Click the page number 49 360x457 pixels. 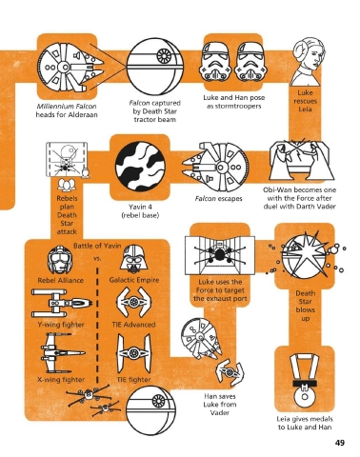click(340, 443)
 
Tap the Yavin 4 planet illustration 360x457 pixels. click(140, 167)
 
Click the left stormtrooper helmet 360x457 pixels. click(216, 62)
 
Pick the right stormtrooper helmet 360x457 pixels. click(251, 62)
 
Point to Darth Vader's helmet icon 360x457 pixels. click(133, 259)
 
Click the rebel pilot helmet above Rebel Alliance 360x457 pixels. click(59, 260)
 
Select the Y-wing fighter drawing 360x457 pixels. click(62, 303)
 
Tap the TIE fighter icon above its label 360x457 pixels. click(133, 353)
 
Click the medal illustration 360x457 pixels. click(304, 381)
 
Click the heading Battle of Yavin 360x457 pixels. click(97, 246)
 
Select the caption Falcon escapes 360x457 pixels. click(218, 199)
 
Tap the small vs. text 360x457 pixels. click(97, 258)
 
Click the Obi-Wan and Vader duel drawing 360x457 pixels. click(301, 160)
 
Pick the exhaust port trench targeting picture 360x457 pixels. click(220, 255)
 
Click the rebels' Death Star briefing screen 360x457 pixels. click(67, 160)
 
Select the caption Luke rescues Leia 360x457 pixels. click(305, 101)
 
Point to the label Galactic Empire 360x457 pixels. click(134, 280)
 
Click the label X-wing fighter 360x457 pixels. click(61, 380)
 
